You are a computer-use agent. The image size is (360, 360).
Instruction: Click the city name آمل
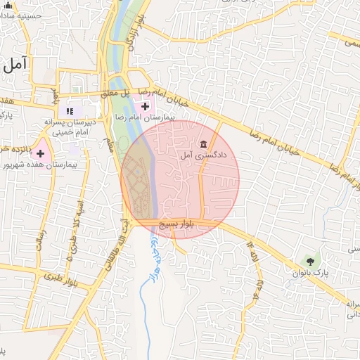(x=15, y=65)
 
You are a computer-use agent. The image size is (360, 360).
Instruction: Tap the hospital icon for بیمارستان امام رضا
(x=145, y=107)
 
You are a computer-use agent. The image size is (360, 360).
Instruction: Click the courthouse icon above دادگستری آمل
(x=204, y=144)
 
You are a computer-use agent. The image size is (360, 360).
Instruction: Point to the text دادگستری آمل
(x=203, y=155)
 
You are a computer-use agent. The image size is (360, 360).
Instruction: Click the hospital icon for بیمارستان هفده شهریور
(x=40, y=153)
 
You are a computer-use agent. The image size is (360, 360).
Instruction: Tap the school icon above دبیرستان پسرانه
(x=69, y=110)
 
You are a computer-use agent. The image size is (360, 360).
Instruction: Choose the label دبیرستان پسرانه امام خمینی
(x=78, y=126)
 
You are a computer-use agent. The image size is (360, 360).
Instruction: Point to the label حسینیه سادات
(x=28, y=15)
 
